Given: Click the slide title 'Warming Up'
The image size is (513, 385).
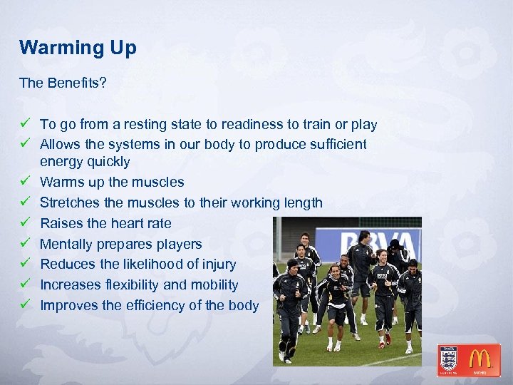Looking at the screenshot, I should click(x=78, y=48).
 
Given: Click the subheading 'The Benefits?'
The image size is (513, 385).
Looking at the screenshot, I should click(x=63, y=83).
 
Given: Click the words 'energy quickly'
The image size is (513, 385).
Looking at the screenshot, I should click(x=85, y=162).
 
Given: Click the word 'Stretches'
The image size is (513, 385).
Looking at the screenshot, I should click(x=68, y=203).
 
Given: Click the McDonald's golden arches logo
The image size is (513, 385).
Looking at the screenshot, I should click(x=480, y=359).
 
